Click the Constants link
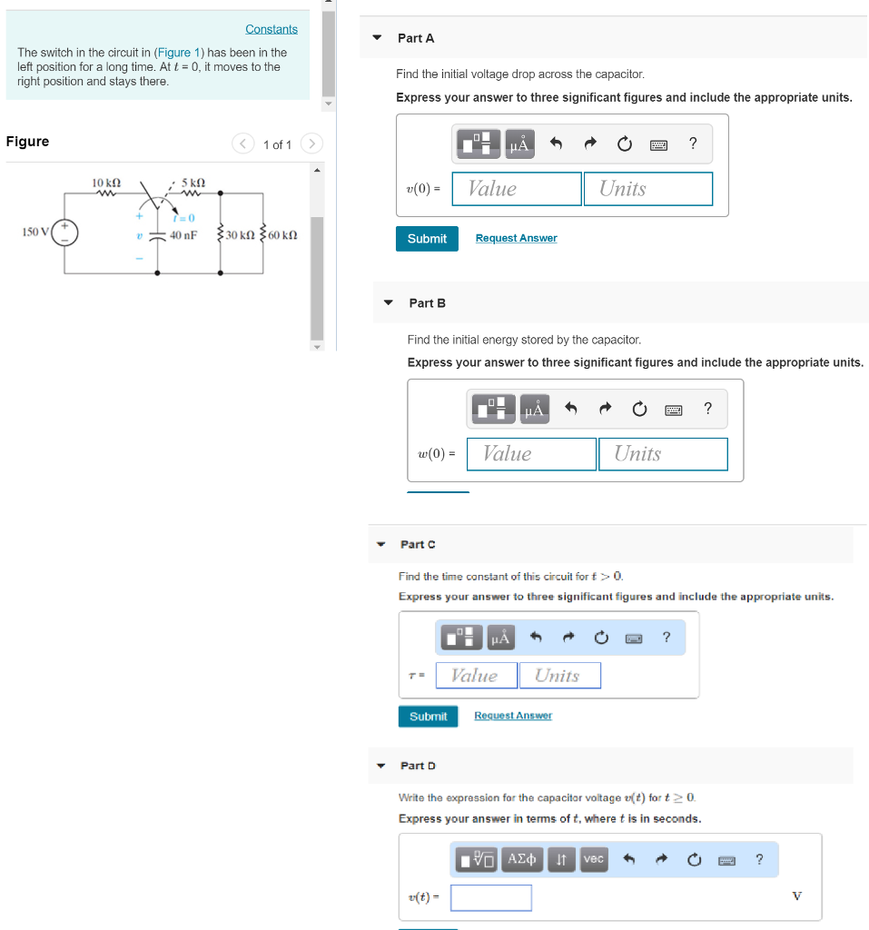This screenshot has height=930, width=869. coord(271,29)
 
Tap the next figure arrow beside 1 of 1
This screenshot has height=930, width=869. coord(311,143)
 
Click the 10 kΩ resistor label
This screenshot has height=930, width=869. coord(106,183)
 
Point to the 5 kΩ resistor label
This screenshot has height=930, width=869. coord(193,183)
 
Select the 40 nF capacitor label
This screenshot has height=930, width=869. coord(183,234)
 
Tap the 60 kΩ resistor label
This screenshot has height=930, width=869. coord(282,234)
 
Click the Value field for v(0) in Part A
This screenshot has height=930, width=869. coord(516,189)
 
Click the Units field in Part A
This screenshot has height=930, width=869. coord(647,189)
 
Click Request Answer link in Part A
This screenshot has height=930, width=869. coord(516,238)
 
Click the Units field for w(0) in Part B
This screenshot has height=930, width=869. coord(662,454)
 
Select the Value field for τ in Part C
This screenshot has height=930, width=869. coord(476,676)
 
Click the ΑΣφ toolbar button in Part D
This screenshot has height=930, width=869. coord(522,858)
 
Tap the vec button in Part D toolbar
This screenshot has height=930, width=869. coord(593,858)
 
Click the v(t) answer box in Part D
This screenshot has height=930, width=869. coord(490,897)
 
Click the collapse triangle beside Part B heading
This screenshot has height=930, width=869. coord(389,302)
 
